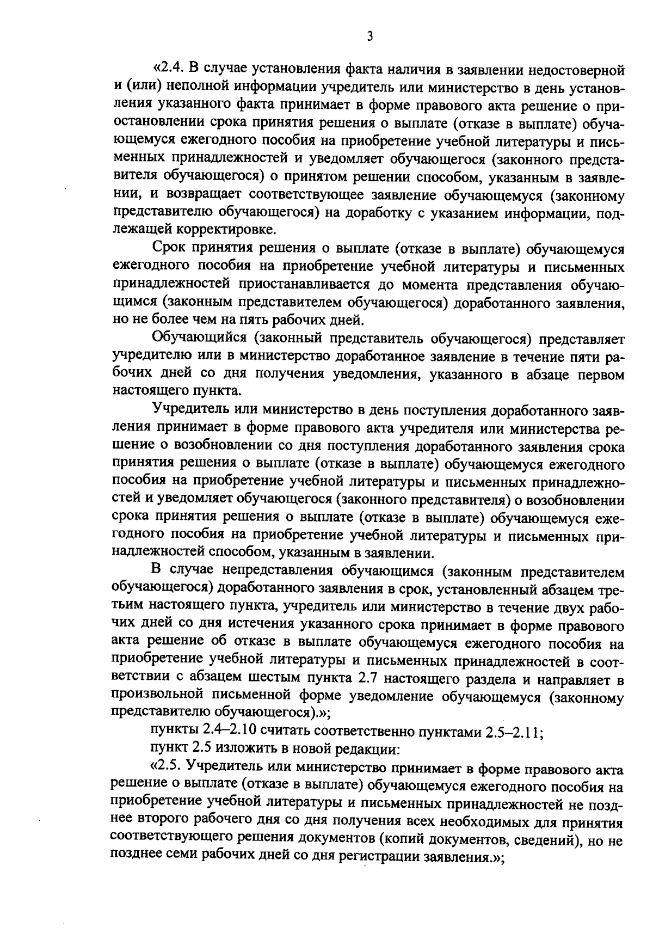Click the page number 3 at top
[x=370, y=36]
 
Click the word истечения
[x=257, y=625]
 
